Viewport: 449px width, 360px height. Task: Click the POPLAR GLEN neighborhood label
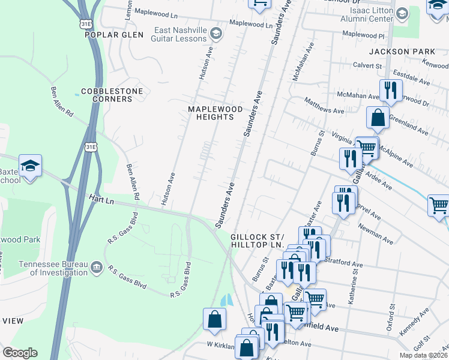pos(114,35)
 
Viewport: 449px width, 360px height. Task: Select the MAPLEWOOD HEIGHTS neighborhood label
pos(211,113)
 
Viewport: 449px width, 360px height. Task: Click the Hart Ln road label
pos(101,197)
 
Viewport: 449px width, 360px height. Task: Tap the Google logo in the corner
pos(20,353)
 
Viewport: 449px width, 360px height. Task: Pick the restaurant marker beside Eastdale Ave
pos(390,90)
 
